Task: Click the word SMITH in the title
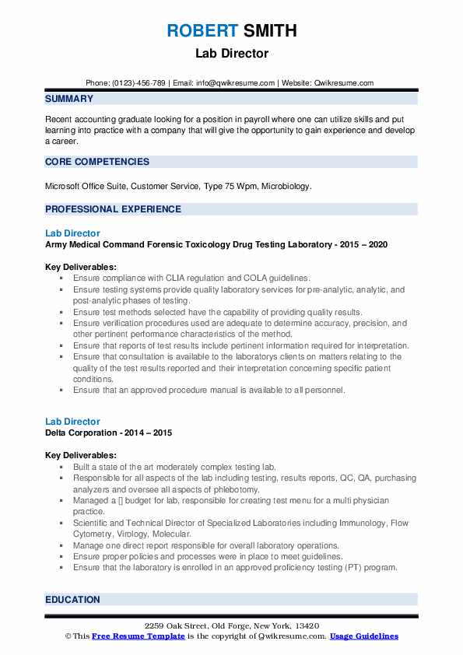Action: click(269, 31)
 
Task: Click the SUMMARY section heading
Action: click(69, 99)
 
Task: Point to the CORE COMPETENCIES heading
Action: click(97, 162)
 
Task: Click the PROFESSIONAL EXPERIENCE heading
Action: click(113, 209)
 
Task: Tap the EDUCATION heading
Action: click(72, 600)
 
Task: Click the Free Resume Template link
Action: click(139, 636)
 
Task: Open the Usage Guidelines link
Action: click(364, 636)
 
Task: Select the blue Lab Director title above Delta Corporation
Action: click(72, 422)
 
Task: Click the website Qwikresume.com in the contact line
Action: click(343, 83)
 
